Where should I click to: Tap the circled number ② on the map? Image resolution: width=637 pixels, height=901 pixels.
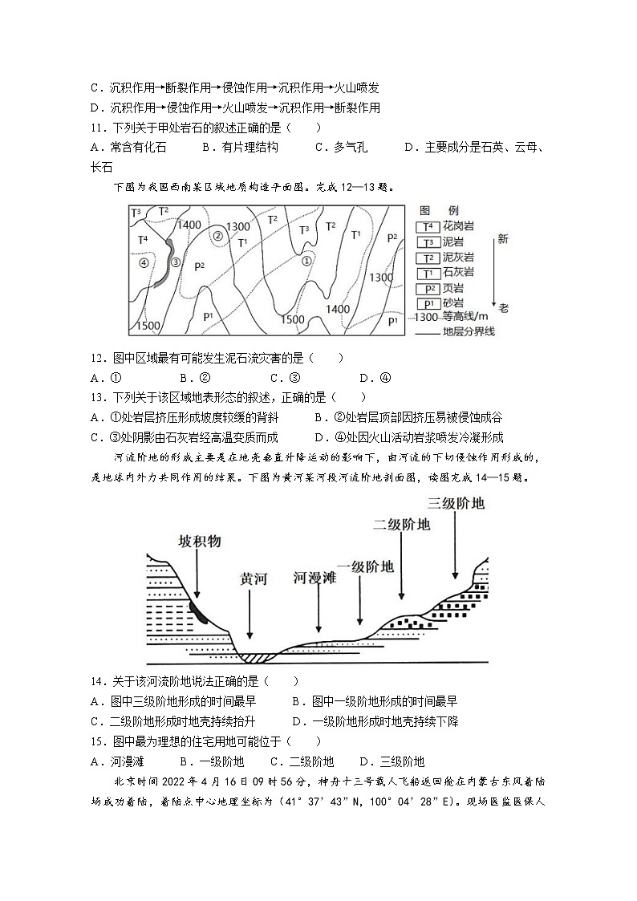click(x=217, y=236)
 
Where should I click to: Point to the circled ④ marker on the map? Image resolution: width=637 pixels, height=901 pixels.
click(x=144, y=262)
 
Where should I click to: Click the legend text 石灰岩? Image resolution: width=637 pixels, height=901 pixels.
click(x=458, y=273)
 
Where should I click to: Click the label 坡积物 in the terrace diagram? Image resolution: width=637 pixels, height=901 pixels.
click(x=199, y=542)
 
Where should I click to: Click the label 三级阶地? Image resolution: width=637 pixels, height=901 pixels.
click(x=456, y=503)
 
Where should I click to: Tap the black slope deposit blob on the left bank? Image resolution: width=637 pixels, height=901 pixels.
click(x=197, y=611)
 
